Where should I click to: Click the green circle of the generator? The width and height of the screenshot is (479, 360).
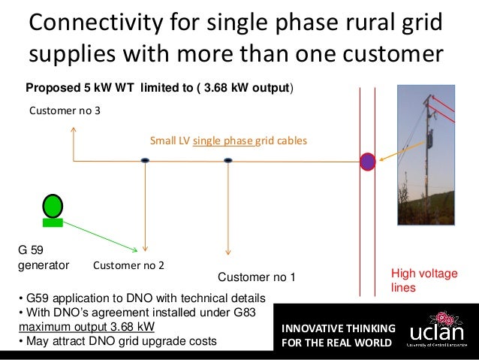(53, 205)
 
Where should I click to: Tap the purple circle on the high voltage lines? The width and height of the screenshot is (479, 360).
(367, 161)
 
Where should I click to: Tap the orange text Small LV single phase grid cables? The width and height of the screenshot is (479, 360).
(228, 141)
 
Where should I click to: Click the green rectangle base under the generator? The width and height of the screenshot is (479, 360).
(53, 222)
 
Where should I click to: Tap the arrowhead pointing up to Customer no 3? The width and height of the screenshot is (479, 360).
(73, 130)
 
